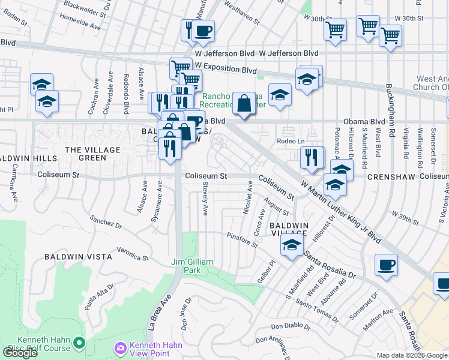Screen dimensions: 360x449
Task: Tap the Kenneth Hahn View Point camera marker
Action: (120, 348)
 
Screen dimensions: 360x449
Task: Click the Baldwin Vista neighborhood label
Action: (78, 256)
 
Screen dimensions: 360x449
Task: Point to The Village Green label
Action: (94, 154)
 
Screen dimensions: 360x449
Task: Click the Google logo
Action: (20, 353)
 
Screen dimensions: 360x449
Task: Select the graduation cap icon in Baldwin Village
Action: (292, 245)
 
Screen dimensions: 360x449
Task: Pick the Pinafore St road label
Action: (242, 241)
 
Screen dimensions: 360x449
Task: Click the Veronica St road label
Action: (132, 254)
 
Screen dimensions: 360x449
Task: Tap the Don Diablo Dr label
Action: (291, 327)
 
